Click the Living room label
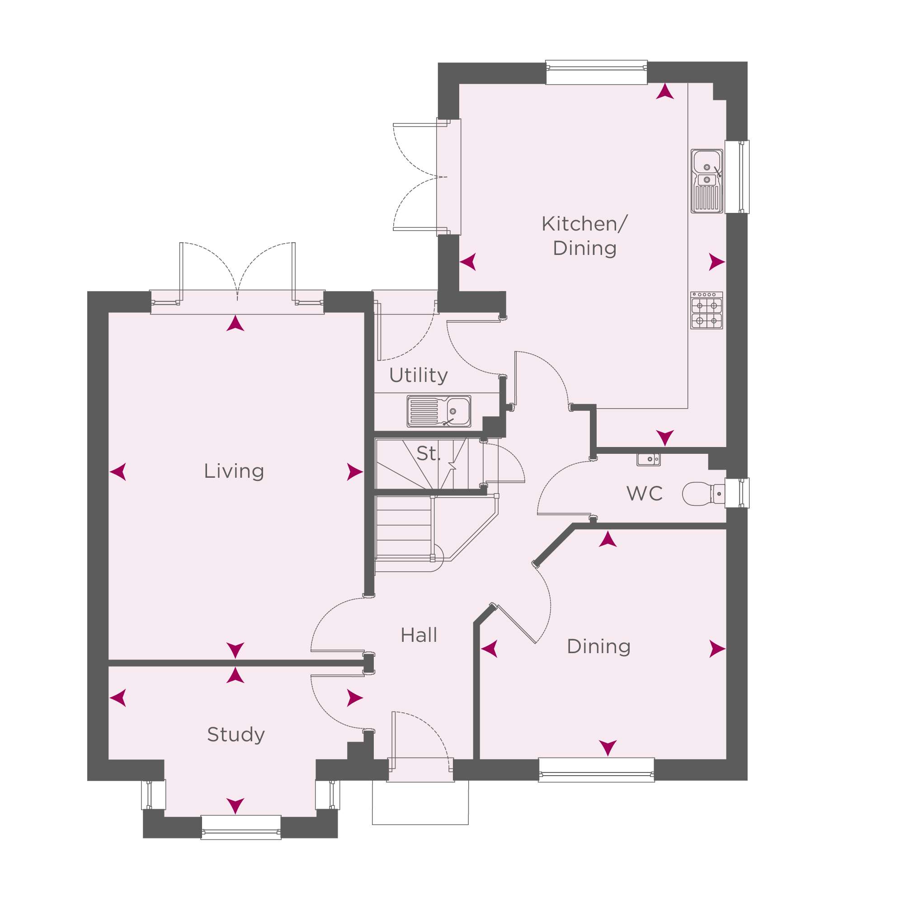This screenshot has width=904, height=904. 234,471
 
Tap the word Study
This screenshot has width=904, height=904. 236,735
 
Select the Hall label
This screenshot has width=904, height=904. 419,636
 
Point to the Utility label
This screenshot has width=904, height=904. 418,375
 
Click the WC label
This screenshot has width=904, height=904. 644,494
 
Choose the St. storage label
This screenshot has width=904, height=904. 428,453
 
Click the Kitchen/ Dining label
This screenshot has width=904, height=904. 584,236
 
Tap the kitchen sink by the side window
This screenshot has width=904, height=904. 706,181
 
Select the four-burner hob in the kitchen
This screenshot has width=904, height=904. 706,310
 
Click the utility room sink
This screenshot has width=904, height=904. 439,411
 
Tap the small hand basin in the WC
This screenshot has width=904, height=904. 649,460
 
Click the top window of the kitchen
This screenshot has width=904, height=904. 597,72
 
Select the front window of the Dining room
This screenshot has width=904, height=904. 597,770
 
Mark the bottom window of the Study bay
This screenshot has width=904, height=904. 241,827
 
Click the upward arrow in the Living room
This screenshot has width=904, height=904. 235,323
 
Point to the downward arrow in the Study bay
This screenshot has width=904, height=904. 235,806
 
